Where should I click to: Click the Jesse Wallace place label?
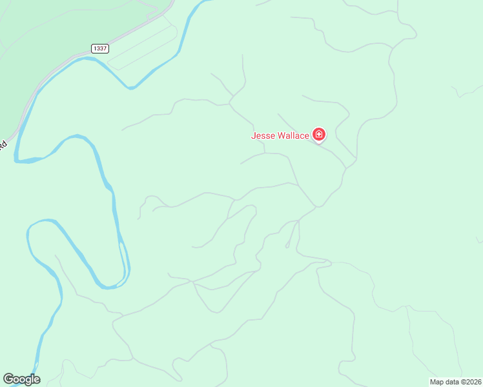tap(280, 135)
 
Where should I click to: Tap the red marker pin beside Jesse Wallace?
tap(318, 134)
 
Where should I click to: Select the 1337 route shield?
tap(100, 48)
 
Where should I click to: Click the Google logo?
tap(21, 379)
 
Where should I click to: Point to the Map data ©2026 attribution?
tap(455, 382)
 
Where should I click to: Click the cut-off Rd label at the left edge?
tap(3, 145)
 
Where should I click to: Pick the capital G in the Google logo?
tap(8, 379)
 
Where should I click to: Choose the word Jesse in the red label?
tap(262, 135)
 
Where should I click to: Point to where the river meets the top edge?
tap(205, 1)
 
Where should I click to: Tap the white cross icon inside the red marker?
tap(318, 134)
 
